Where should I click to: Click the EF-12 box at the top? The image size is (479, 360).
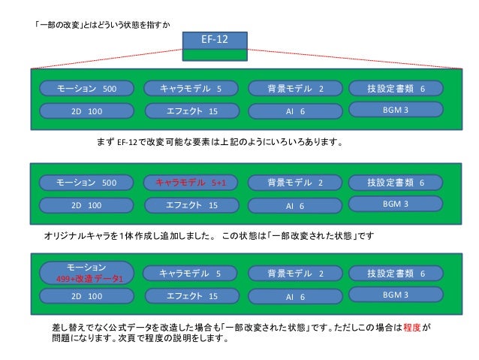coord(215,40)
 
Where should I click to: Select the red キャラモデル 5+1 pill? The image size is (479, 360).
coord(190,183)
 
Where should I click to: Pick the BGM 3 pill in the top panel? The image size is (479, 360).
coord(395,110)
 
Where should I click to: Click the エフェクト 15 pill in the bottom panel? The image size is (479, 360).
coord(190,296)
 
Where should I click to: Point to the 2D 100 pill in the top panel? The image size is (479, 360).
coord(86,111)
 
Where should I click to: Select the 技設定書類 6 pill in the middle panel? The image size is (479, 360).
coord(395,183)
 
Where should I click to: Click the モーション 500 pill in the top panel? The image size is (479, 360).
coord(86,89)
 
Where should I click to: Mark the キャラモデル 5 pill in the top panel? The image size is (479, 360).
coord(190,89)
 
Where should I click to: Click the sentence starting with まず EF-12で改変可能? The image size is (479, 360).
coord(218,141)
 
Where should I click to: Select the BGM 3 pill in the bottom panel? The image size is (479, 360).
coord(395,295)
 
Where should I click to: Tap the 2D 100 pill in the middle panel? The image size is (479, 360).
coord(86,205)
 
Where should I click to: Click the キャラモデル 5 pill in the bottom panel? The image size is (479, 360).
coord(190,274)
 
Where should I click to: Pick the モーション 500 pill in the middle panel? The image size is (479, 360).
coord(86,183)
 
